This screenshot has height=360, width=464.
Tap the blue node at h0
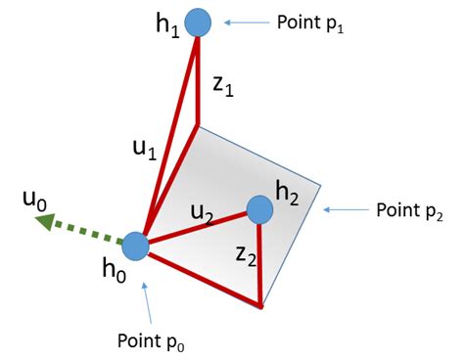click(x=134, y=245)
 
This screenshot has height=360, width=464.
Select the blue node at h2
click(x=259, y=208)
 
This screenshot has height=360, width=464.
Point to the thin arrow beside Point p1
click(x=244, y=22)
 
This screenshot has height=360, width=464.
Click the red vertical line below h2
click(x=260, y=264)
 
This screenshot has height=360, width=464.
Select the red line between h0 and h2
click(x=196, y=227)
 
